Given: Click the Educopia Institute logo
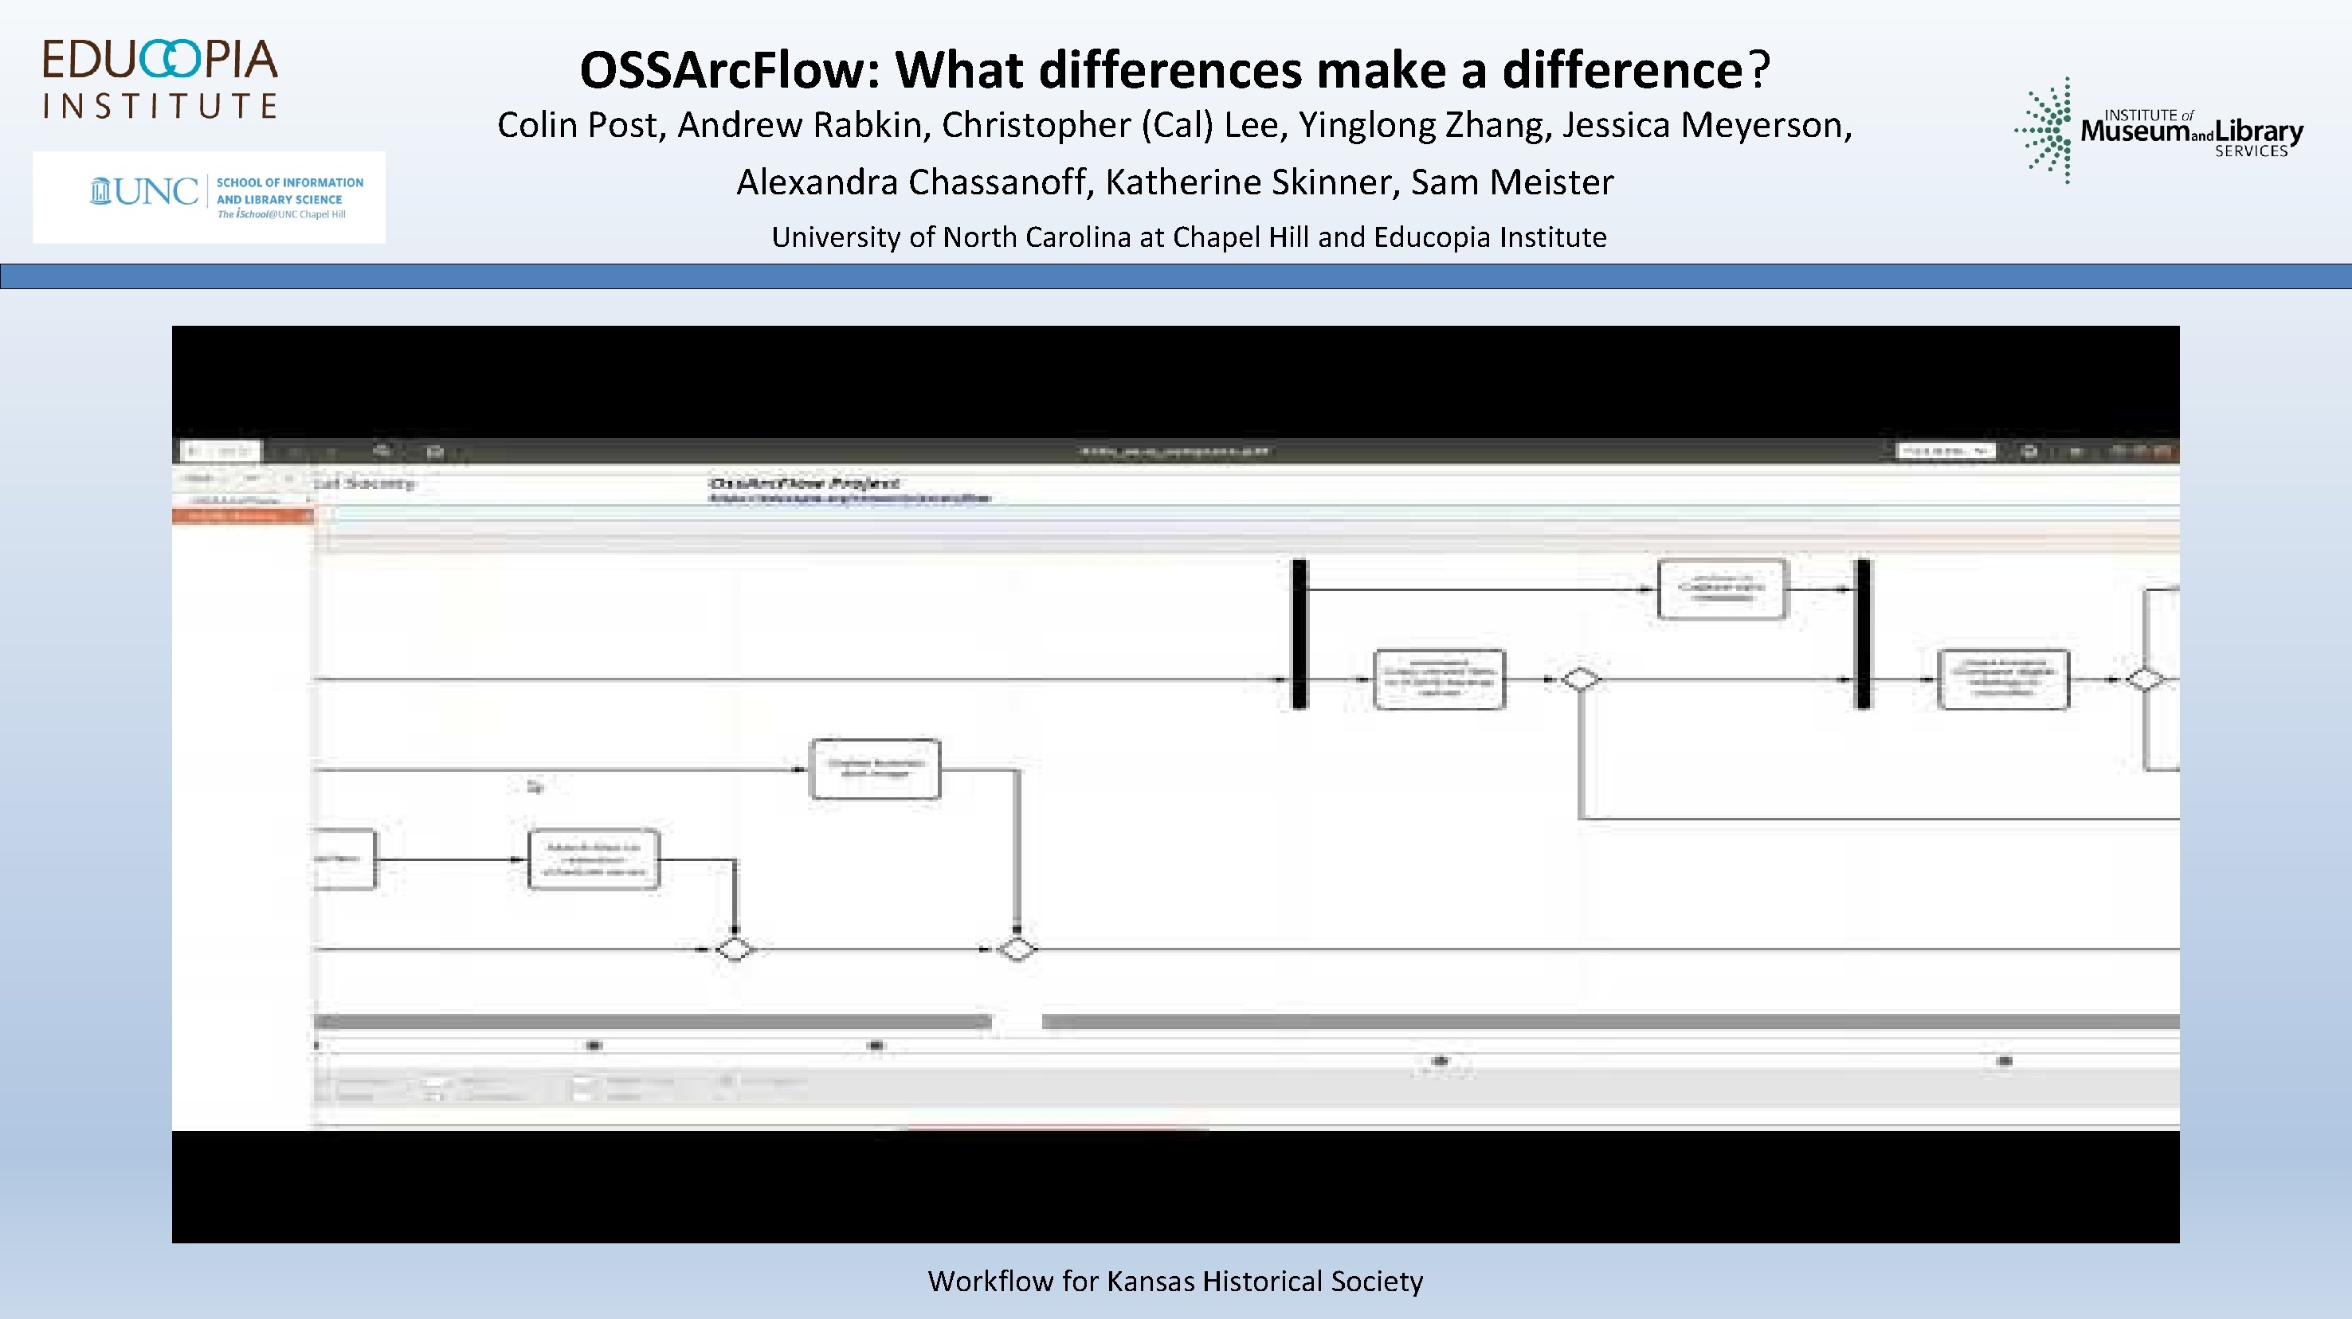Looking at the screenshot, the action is pos(160,80).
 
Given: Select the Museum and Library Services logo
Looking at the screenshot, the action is pos(2158,131).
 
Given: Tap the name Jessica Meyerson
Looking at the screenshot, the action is pos(1707,125).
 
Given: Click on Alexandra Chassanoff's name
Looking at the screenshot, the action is pos(914,182).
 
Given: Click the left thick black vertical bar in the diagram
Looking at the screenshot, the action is pos(1299,633).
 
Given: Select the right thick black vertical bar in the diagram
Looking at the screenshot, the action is pos(1863,633).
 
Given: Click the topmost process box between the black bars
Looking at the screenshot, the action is pos(1721,589).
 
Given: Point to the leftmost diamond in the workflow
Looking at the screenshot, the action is pos(734,949).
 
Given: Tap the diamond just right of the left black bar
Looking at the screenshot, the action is pos(1580,680).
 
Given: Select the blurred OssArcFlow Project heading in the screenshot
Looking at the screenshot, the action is pos(803,483).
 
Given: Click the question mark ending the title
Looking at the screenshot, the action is pos(1758,70).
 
